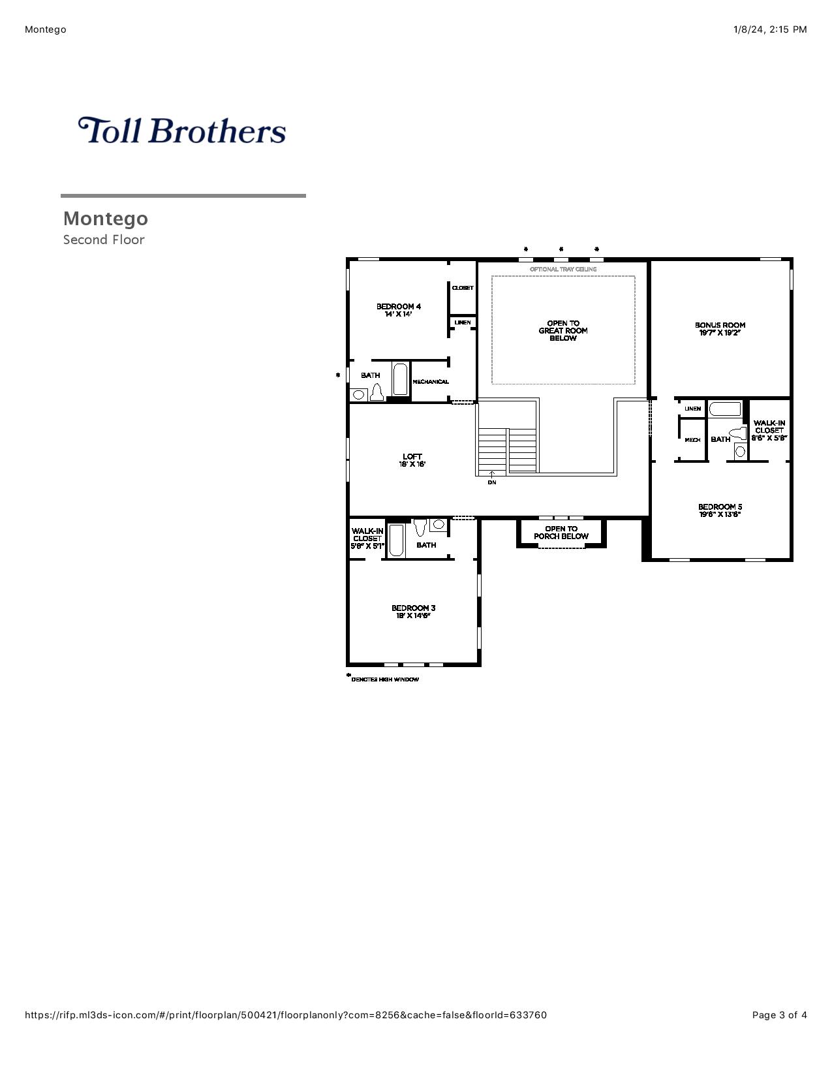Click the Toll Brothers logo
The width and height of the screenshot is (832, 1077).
click(182, 131)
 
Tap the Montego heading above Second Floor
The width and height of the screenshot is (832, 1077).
click(106, 219)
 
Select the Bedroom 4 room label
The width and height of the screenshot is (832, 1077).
click(399, 310)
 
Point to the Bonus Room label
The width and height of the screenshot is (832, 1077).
click(720, 329)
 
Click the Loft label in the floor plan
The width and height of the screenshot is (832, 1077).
click(412, 460)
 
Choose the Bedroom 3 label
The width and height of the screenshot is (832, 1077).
click(413, 612)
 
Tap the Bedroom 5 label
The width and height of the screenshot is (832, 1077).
click(720, 510)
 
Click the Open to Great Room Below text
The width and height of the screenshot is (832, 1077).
click(563, 330)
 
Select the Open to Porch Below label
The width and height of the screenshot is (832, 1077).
click(561, 533)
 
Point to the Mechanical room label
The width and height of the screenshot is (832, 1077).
click(431, 382)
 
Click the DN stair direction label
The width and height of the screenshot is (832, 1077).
click(491, 482)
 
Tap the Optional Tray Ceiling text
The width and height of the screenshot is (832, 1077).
click(563, 269)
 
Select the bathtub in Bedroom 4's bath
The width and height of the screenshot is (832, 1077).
click(400, 379)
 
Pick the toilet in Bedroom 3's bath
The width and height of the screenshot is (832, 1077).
click(421, 527)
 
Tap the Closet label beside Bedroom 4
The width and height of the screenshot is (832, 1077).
click(463, 288)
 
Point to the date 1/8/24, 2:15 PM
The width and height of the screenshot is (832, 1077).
click(770, 30)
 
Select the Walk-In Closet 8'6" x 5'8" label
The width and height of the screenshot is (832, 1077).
click(769, 430)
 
